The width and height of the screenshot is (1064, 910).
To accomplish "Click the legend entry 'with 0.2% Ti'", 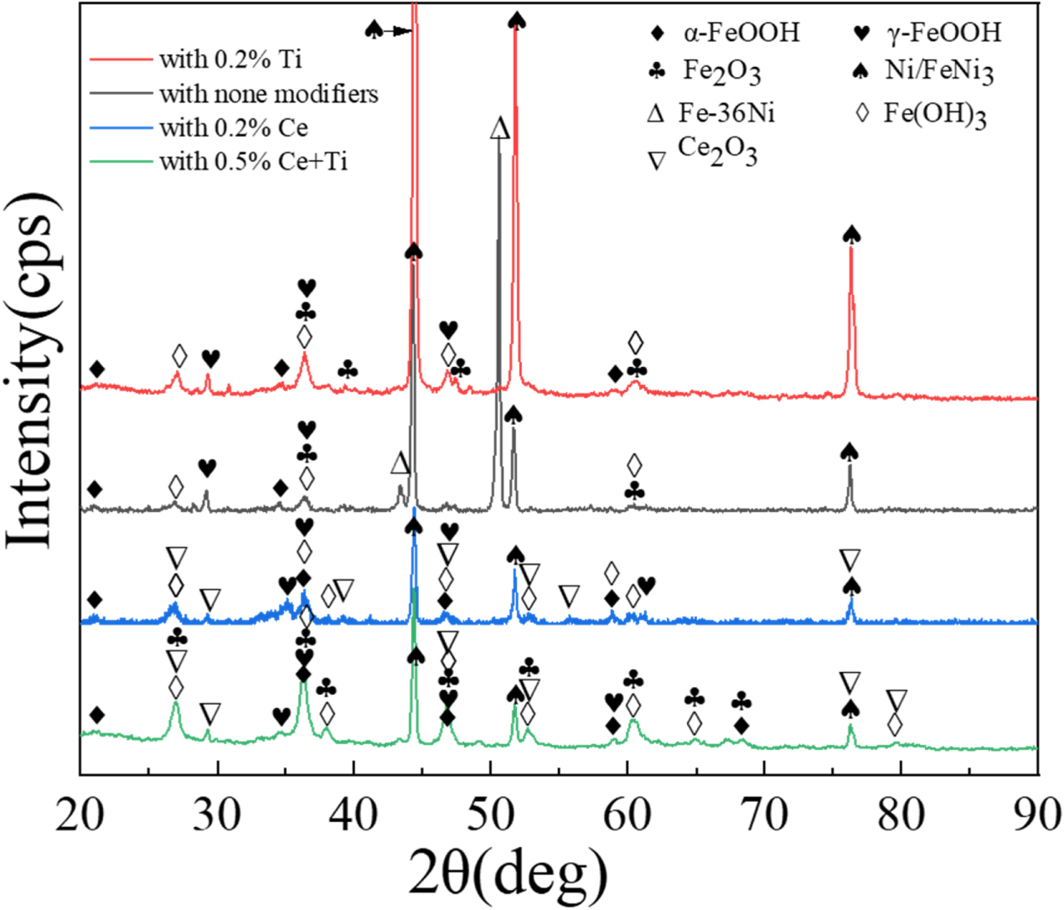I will pyautogui.click(x=230, y=59).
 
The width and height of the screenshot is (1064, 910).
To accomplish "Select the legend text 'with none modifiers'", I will pyautogui.click(x=268, y=94).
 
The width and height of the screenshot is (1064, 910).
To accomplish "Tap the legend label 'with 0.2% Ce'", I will pyautogui.click(x=234, y=127).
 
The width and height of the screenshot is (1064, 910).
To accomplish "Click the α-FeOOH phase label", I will pyautogui.click(x=741, y=33).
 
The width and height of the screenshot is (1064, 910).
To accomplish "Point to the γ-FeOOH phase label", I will pyautogui.click(x=943, y=33).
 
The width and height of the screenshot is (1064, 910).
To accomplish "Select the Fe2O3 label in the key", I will pyautogui.click(x=721, y=71).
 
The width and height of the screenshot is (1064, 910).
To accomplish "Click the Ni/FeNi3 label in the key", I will pyautogui.click(x=939, y=71).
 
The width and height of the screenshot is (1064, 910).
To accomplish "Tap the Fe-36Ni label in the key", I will pyautogui.click(x=726, y=112).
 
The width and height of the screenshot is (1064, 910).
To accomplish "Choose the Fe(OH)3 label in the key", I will pyautogui.click(x=934, y=113).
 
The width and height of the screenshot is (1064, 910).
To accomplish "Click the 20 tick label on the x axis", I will pyautogui.click(x=80, y=814).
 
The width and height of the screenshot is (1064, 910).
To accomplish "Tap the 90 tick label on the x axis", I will pyautogui.click(x=1037, y=814).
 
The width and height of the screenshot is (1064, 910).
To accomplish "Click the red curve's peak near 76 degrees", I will pyautogui.click(x=851, y=251).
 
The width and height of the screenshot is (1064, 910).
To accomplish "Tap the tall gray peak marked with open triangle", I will pyautogui.click(x=499, y=142).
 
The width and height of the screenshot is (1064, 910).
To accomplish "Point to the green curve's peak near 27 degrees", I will pyautogui.click(x=175, y=704).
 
